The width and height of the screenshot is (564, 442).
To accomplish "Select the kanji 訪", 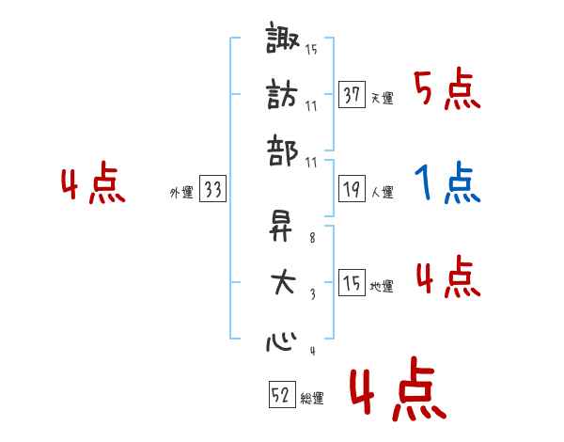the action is pyautogui.click(x=283, y=95).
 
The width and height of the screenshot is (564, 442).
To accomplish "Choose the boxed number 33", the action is pyautogui.click(x=212, y=190).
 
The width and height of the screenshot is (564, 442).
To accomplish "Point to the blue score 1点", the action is pyautogui.click(x=447, y=183).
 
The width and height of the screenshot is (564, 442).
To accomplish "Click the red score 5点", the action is pyautogui.click(x=447, y=91).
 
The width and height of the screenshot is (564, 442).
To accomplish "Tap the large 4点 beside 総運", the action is pyautogui.click(x=396, y=392).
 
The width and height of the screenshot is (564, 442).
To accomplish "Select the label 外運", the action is pyautogui.click(x=180, y=193).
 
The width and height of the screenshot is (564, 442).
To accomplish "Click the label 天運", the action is pyautogui.click(x=382, y=98).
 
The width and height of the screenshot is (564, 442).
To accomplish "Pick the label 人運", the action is pyautogui.click(x=382, y=193).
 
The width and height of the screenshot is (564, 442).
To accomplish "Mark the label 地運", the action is pyautogui.click(x=382, y=287).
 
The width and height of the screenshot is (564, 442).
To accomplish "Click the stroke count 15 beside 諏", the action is pyautogui.click(x=311, y=50).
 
